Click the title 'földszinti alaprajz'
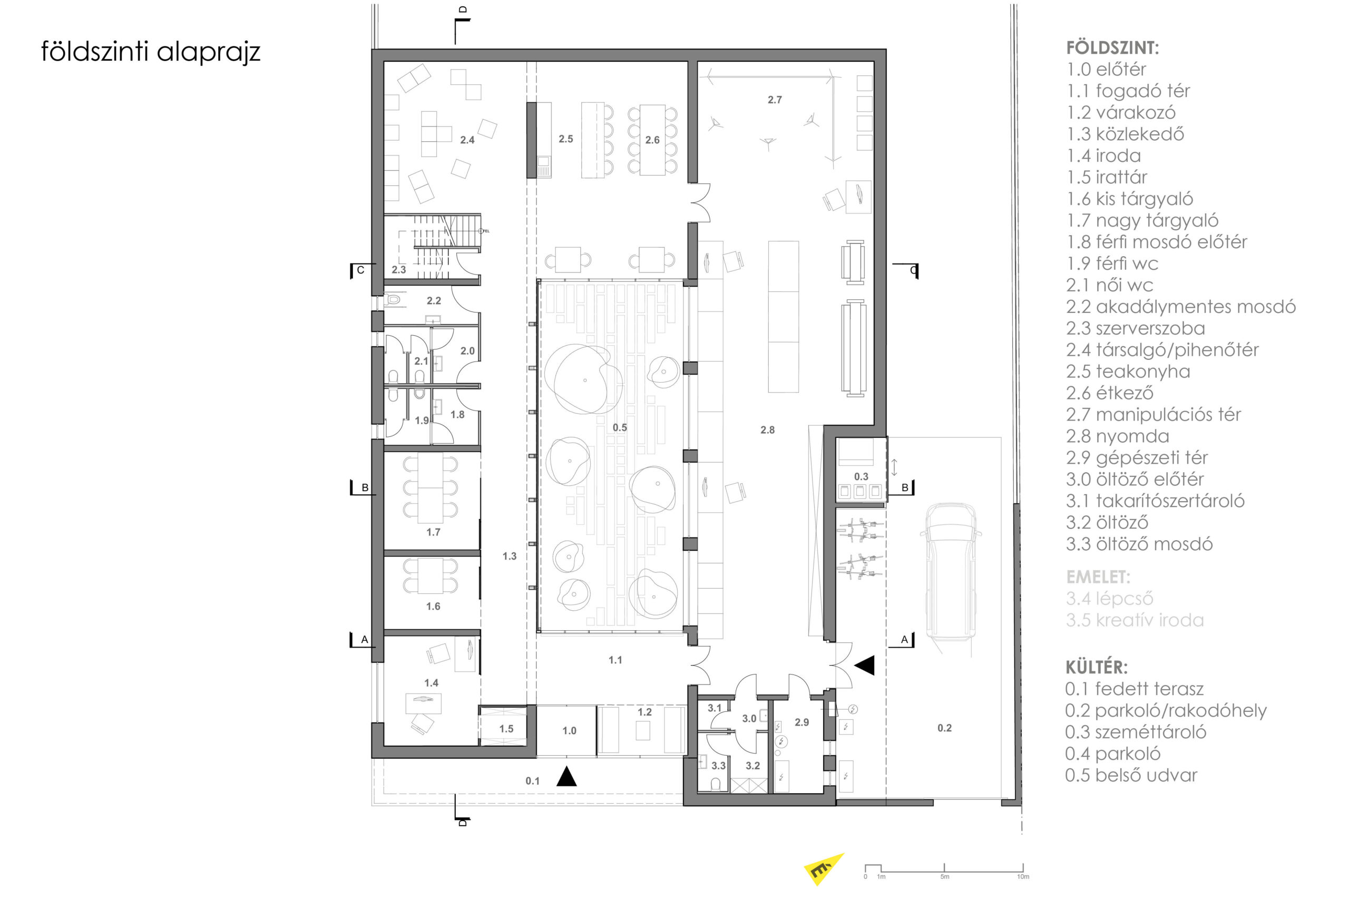pyautogui.click(x=151, y=51)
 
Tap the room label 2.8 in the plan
pyautogui.click(x=767, y=429)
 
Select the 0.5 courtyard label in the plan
pyautogui.click(x=620, y=427)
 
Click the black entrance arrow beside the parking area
pyautogui.click(x=865, y=665)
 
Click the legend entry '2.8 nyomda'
pyautogui.click(x=1117, y=436)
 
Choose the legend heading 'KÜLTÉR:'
pyautogui.click(x=1096, y=667)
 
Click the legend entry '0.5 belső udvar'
pyautogui.click(x=1131, y=775)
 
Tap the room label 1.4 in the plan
pyautogui.click(x=431, y=683)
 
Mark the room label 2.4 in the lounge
pyautogui.click(x=467, y=140)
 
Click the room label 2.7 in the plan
pyautogui.click(x=775, y=100)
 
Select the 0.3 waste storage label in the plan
pyautogui.click(x=861, y=476)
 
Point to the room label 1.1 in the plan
pyautogui.click(x=615, y=660)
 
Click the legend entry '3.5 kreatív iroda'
pyautogui.click(x=1135, y=620)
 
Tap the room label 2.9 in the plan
pyautogui.click(x=801, y=722)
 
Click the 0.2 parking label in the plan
pyautogui.click(x=944, y=728)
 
